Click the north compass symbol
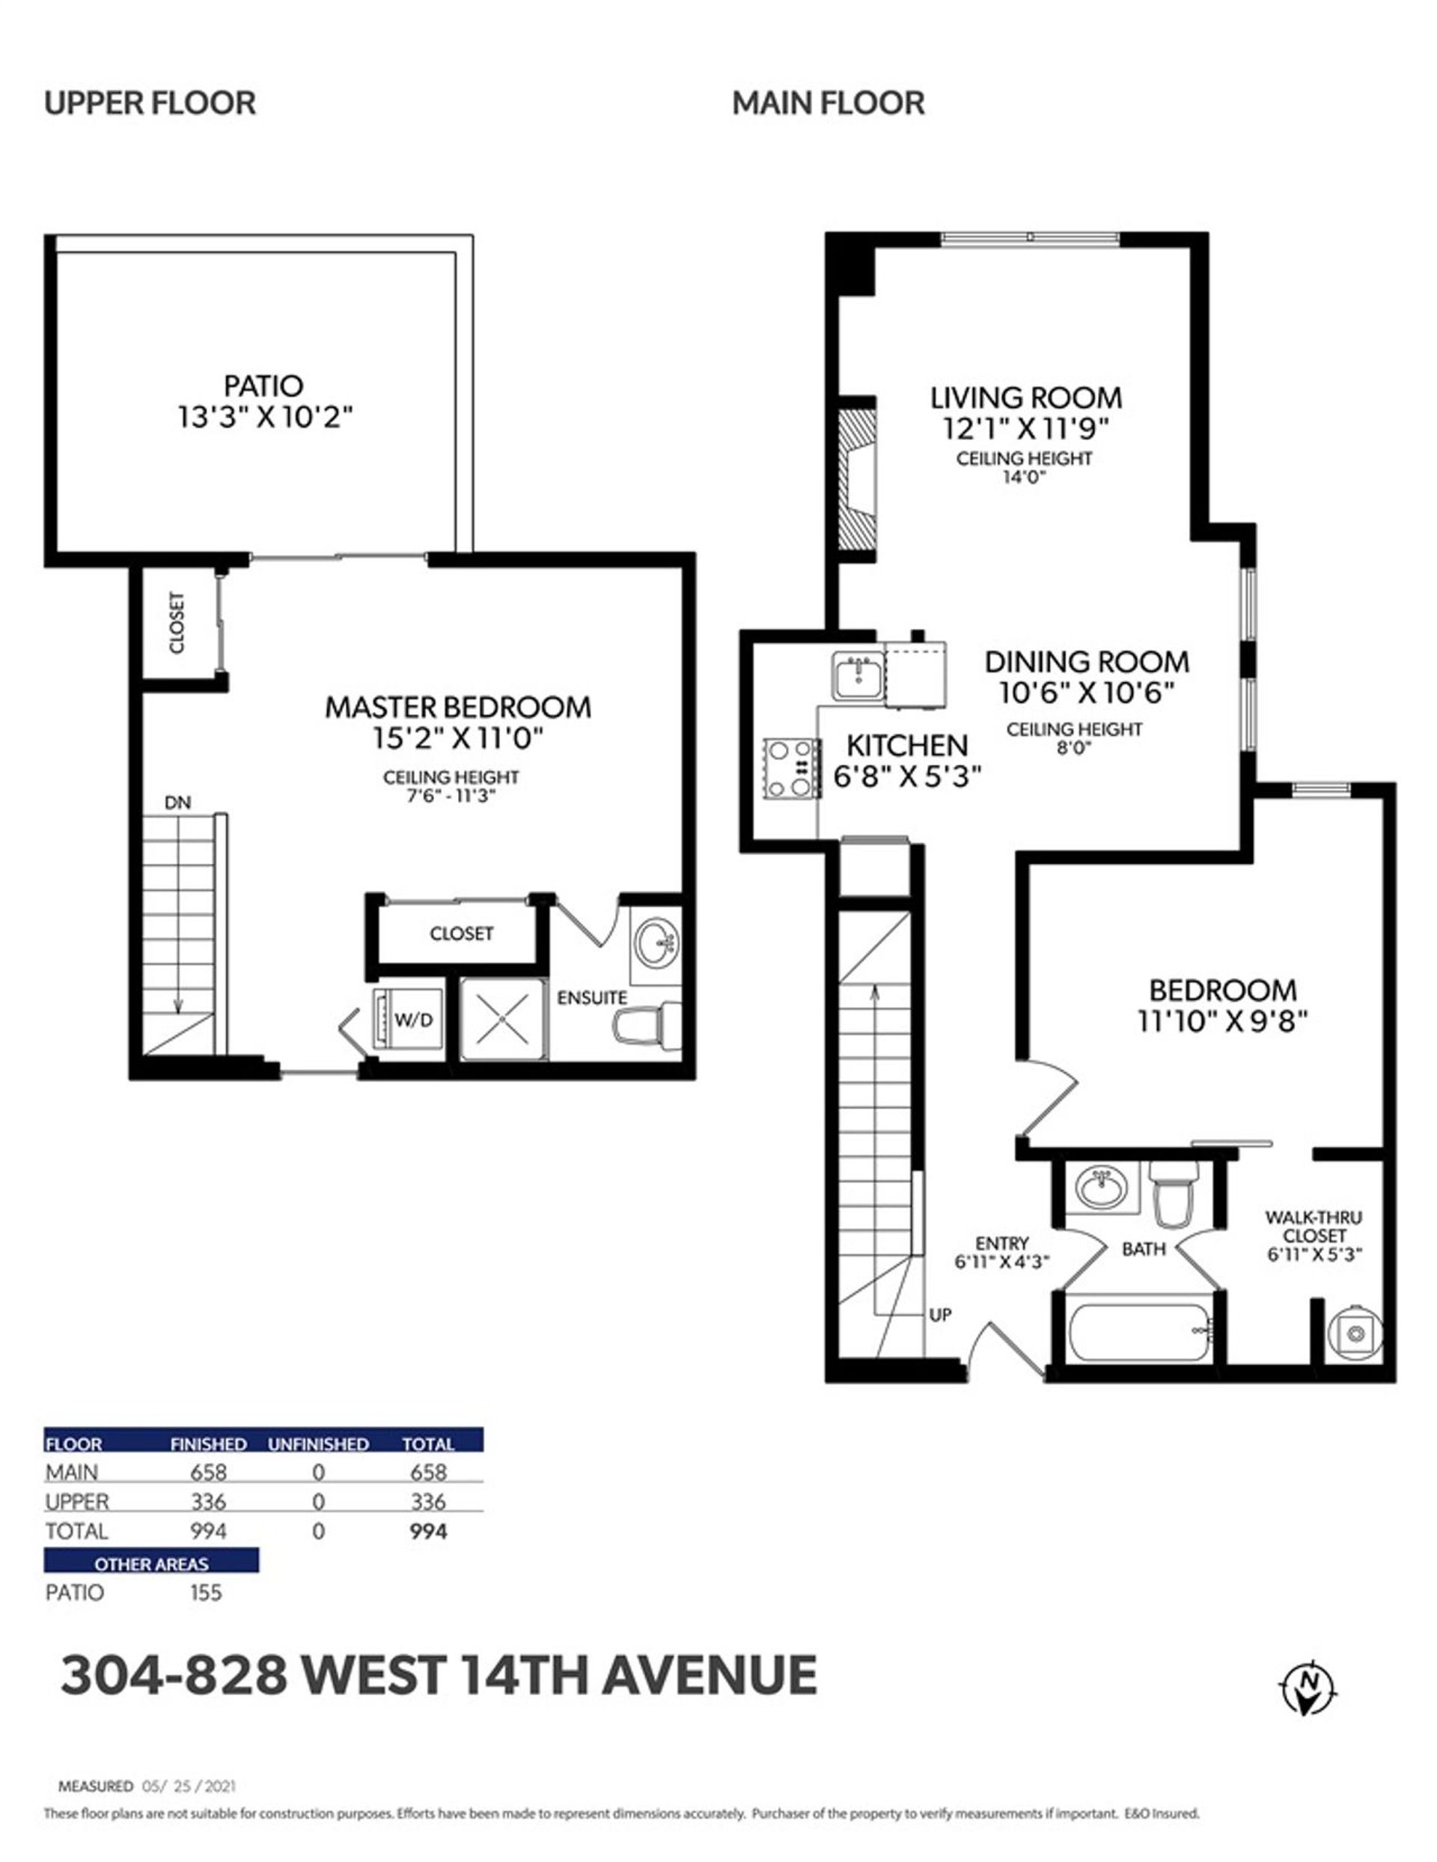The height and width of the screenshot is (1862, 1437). [1310, 1685]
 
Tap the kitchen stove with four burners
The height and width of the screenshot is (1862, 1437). [792, 768]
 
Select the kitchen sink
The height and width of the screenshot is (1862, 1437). [858, 678]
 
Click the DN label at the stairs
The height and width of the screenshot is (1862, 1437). [177, 803]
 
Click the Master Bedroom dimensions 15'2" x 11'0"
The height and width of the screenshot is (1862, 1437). [458, 737]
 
